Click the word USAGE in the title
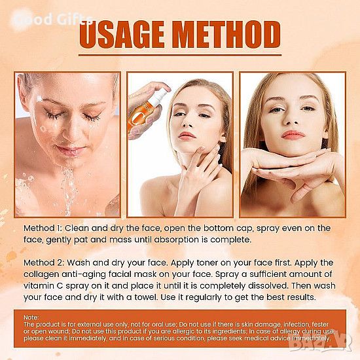click(x=122, y=35)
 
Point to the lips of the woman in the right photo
click(x=293, y=135)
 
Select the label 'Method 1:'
click(x=43, y=228)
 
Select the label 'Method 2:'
click(x=44, y=262)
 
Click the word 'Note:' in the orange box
click(x=31, y=317)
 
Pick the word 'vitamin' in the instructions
click(x=38, y=286)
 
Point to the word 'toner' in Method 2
click(x=207, y=263)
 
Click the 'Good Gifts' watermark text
click(x=53, y=20)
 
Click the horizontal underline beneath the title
click(x=180, y=55)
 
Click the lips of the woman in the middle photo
click(x=187, y=136)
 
